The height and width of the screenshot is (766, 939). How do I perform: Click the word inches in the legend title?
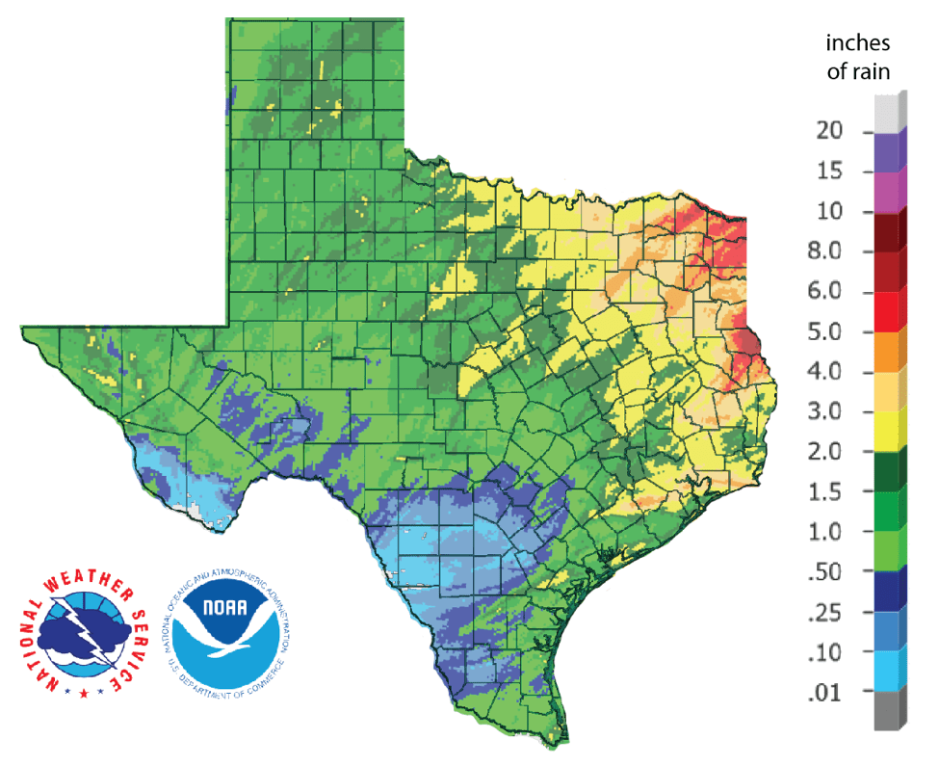point(858,44)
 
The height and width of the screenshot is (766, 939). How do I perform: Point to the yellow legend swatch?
point(890,433)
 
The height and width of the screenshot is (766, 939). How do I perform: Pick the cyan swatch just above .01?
point(890,673)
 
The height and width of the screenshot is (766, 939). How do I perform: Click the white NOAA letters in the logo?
point(226,612)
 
